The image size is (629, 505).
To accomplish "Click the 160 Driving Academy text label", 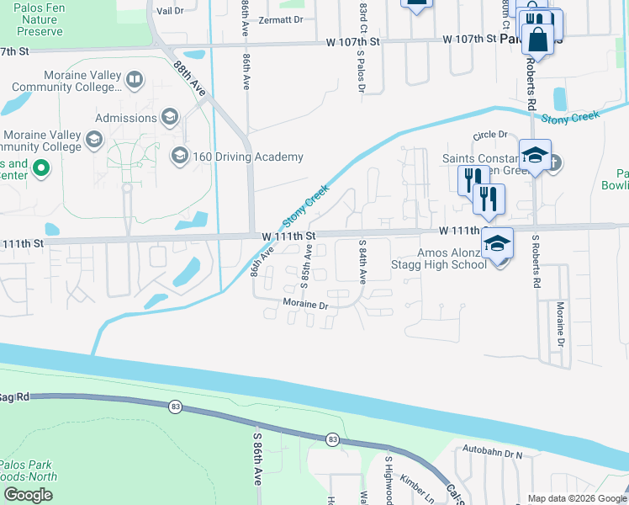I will pos(248,157).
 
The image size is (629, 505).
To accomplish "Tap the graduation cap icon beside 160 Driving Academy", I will pos(179,156).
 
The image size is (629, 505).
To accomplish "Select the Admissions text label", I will pos(126,118).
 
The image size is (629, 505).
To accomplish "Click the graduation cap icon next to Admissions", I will pos(170,117).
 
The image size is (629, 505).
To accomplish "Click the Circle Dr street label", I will pos(490,135).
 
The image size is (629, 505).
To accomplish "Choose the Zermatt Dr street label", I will pos(280,19).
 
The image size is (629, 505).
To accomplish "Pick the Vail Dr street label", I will pos(170,11).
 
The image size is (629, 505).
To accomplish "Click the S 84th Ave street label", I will pos(363,261).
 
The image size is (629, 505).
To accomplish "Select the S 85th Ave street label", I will pos(308,264).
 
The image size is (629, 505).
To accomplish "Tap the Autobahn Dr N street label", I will pos(494,454).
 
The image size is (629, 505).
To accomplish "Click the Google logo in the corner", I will pos(29,495).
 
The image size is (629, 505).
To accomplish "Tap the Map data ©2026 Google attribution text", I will pos(577,498).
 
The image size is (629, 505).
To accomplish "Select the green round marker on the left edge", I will pos(40,169).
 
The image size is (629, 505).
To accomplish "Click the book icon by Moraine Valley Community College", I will pos(134,81).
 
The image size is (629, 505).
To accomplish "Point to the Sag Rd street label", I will pos(14,396).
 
